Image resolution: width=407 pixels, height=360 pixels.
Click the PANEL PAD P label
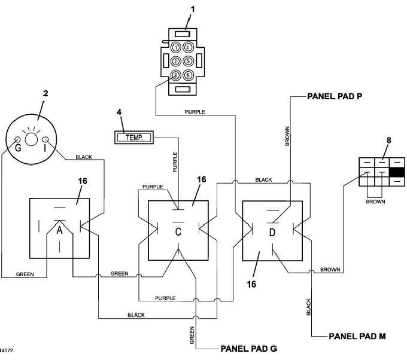[x=335, y=96]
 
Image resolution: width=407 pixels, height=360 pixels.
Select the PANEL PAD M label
[x=357, y=337]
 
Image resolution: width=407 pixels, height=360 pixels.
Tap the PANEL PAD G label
[x=248, y=349]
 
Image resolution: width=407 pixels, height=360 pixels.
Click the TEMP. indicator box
[x=134, y=138]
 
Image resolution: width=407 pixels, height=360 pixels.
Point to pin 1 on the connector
[x=176, y=48]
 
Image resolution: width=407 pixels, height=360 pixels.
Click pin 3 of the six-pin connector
[x=176, y=75]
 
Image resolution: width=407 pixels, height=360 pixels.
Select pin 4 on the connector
[x=188, y=48]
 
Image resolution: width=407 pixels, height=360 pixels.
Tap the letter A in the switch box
[x=59, y=230]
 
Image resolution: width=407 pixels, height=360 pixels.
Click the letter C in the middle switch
[x=178, y=231]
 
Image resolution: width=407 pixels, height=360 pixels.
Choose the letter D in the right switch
[x=272, y=232]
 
